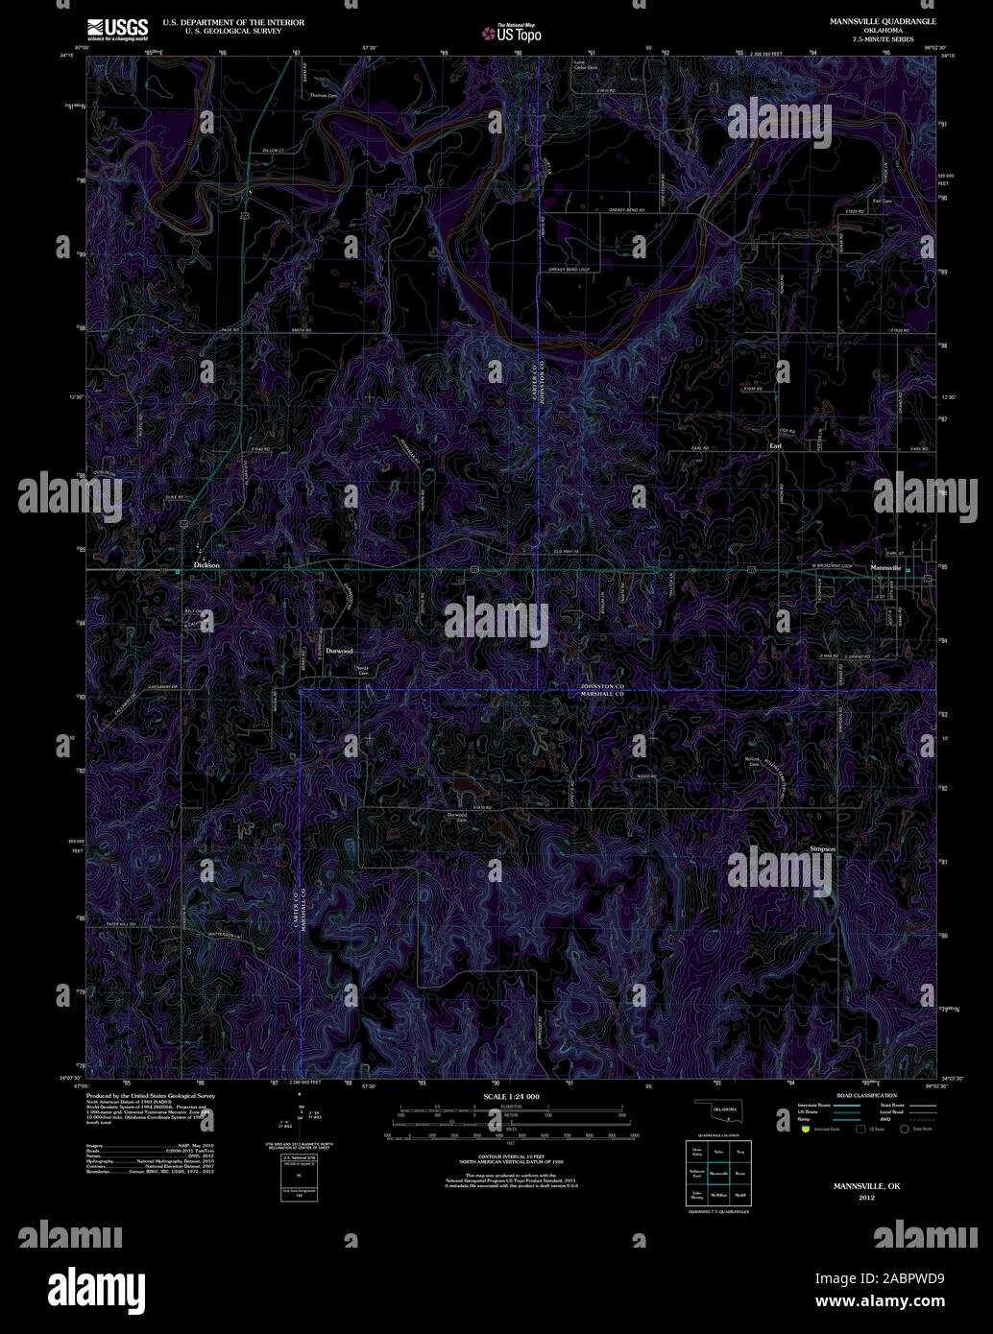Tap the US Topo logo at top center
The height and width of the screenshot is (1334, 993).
(512, 34)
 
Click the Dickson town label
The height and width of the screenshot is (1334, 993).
(206, 565)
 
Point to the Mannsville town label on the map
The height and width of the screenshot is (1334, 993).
(885, 568)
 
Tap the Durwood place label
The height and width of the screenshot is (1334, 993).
(339, 651)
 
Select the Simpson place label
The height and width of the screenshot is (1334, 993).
(823, 849)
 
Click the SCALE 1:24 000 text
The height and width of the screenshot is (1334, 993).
(512, 1096)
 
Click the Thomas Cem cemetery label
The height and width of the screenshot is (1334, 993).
(324, 96)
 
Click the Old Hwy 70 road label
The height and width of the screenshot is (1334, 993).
(569, 551)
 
